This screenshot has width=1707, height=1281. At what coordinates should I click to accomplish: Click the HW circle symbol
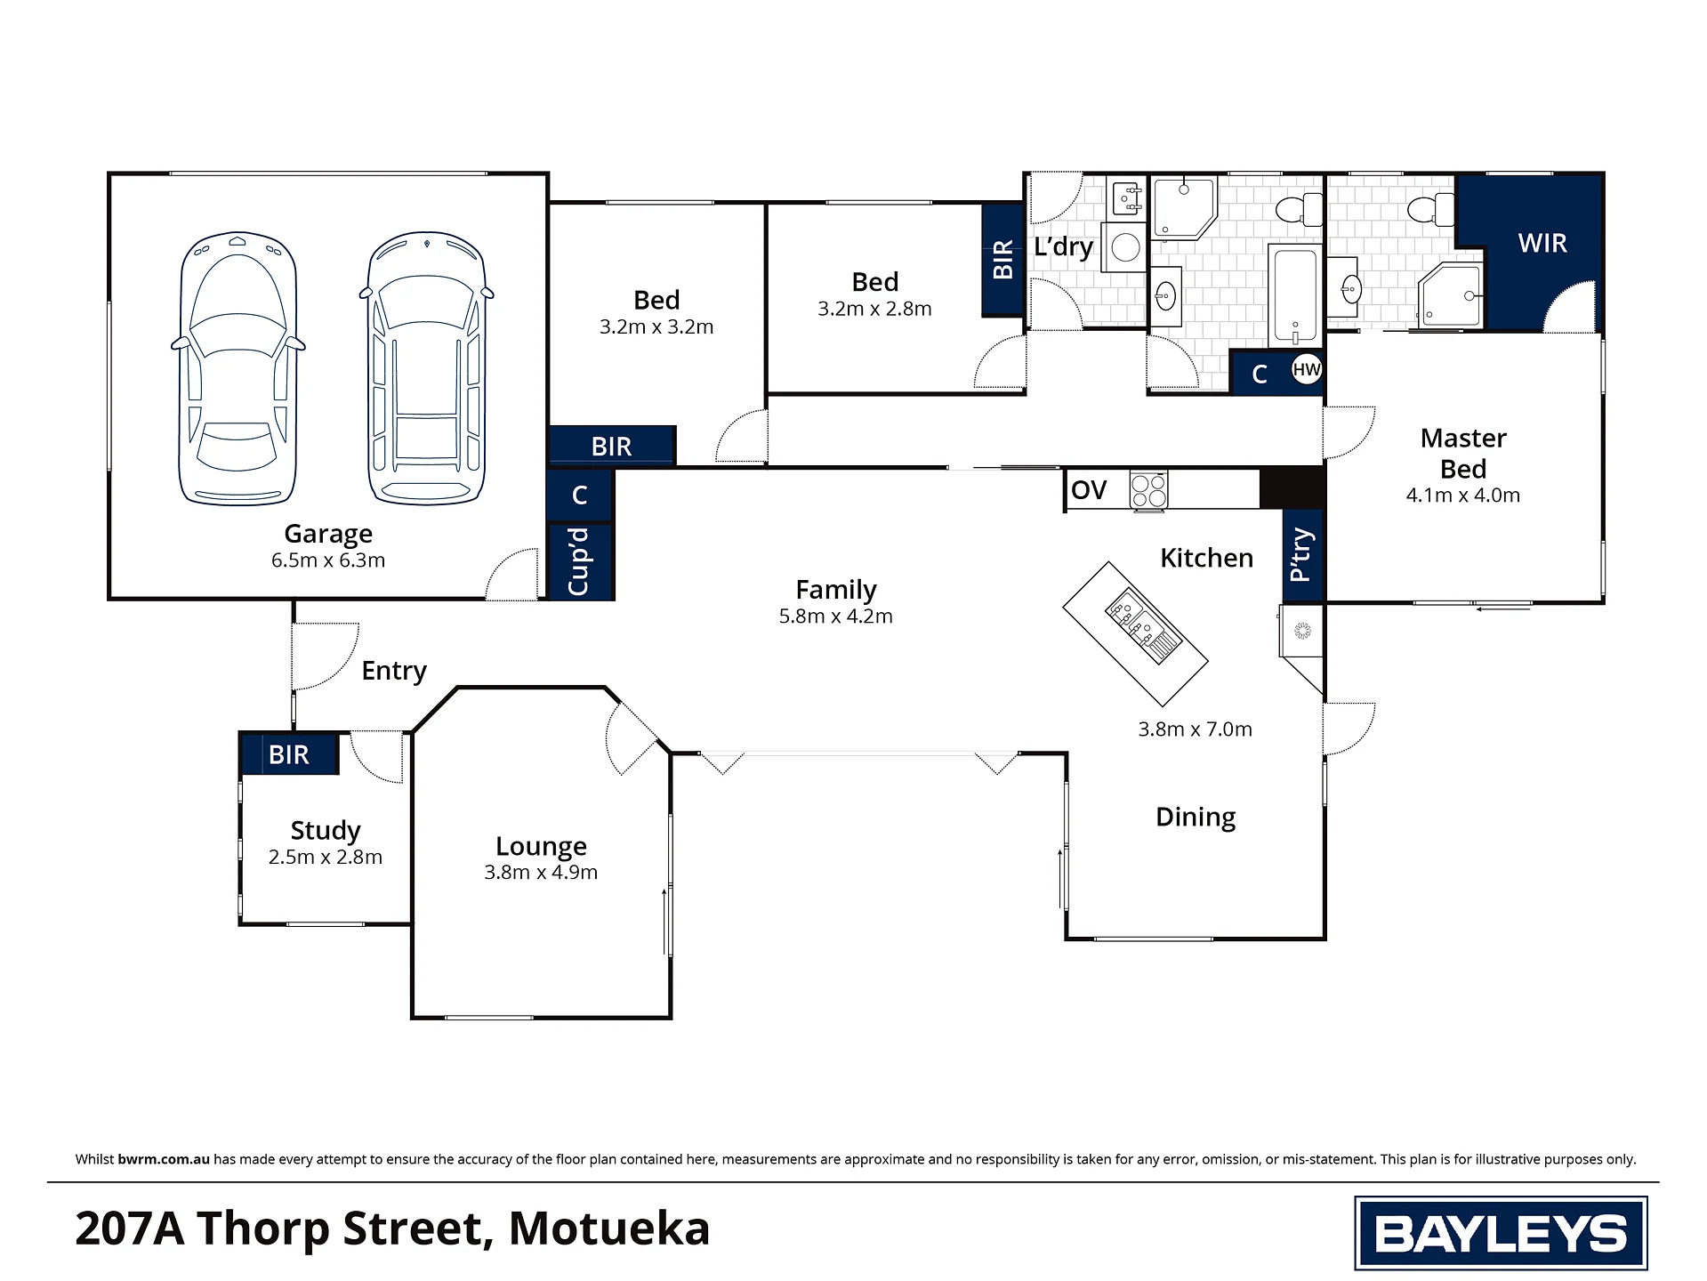pyautogui.click(x=1306, y=369)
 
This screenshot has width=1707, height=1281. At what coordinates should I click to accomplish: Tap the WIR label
pyautogui.click(x=1542, y=243)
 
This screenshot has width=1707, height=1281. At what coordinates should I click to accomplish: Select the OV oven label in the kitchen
pyautogui.click(x=1089, y=490)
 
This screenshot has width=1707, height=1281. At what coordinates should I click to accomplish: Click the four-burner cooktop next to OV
pyautogui.click(x=1148, y=490)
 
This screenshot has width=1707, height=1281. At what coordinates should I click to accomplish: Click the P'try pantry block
pyautogui.click(x=1302, y=556)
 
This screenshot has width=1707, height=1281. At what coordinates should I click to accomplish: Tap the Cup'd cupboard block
pyautogui.click(x=580, y=561)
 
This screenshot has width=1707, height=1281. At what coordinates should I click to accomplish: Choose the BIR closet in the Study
pyautogui.click(x=289, y=754)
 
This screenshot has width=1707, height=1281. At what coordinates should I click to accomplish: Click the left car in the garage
pyautogui.click(x=238, y=369)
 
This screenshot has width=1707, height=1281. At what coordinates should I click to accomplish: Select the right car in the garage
pyautogui.click(x=427, y=368)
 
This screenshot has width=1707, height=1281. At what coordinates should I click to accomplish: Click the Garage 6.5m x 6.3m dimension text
pyautogui.click(x=328, y=560)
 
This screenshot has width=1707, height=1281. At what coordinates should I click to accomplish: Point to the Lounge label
pyautogui.click(x=541, y=846)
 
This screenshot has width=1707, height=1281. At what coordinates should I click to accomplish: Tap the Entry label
pyautogui.click(x=394, y=671)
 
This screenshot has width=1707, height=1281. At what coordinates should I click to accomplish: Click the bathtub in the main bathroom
pyautogui.click(x=1294, y=294)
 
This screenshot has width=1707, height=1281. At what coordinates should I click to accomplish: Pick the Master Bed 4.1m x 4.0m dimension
pyautogui.click(x=1463, y=495)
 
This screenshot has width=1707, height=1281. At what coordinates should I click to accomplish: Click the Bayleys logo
pyautogui.click(x=1501, y=1233)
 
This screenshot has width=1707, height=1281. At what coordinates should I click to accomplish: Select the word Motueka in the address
pyautogui.click(x=609, y=1229)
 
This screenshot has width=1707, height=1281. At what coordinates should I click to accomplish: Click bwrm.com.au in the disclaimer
pyautogui.click(x=164, y=1159)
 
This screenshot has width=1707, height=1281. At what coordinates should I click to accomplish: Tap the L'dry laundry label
pyautogui.click(x=1064, y=246)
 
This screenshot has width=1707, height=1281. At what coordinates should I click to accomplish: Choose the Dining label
pyautogui.click(x=1196, y=818)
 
